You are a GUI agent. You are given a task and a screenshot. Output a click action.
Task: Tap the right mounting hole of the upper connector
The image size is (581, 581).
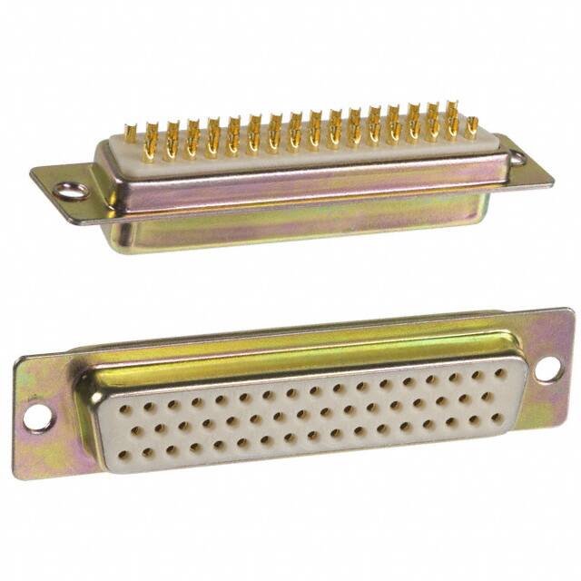tap(517, 158)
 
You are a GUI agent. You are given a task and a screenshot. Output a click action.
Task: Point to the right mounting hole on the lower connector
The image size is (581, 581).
tap(547, 369)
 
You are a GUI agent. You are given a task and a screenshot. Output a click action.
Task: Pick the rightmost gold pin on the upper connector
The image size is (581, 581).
tap(471, 127)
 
